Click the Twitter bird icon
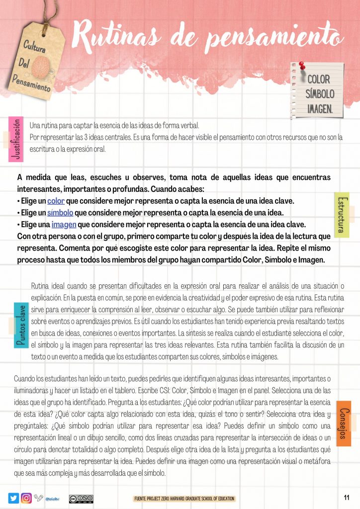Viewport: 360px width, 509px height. [13, 498]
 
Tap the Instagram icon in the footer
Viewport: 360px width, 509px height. [27, 498]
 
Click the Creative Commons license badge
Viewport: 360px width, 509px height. [81, 499]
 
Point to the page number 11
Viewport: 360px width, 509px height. [347, 498]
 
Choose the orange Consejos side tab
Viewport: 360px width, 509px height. [344, 423]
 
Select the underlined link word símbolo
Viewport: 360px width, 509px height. [60, 213]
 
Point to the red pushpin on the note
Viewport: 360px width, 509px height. [301, 66]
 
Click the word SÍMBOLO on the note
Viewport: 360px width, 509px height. [320, 94]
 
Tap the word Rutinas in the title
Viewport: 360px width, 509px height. [126, 36]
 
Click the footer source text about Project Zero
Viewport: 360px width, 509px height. [184, 499]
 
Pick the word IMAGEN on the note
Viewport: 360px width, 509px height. [320, 108]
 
